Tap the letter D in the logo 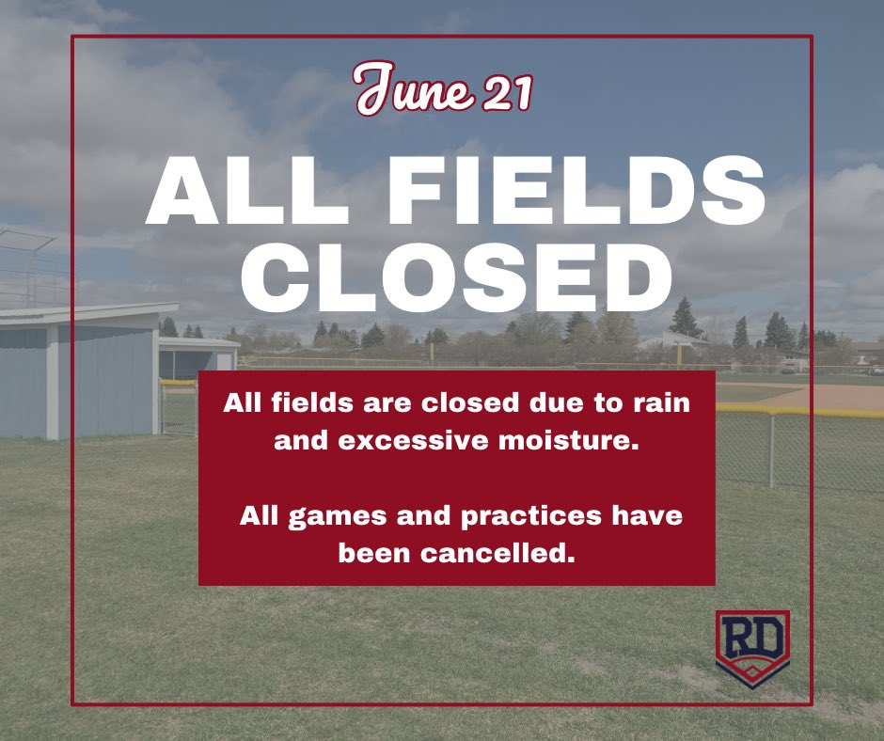[766, 640]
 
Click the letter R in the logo [739, 640]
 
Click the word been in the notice [375, 554]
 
